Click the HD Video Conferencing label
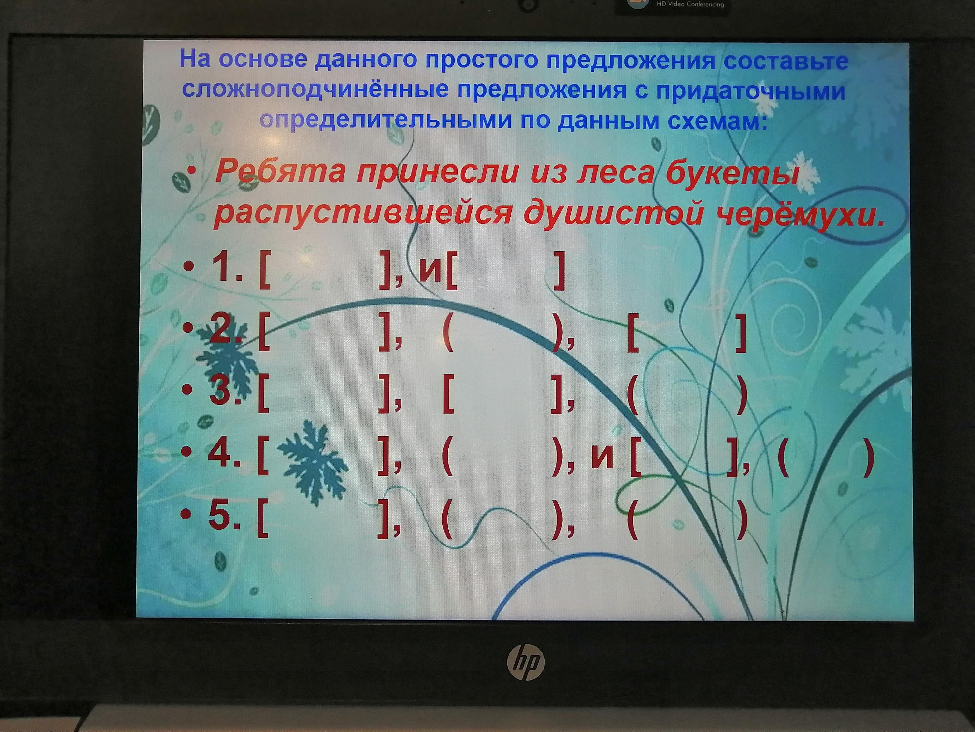[x=690, y=4]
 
